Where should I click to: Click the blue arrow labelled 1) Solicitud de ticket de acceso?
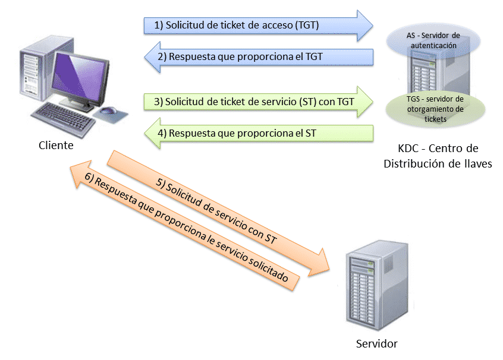(x=250, y=26)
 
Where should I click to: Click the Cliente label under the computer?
(x=56, y=146)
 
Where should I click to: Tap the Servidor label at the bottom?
(x=376, y=343)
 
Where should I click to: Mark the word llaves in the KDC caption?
(x=476, y=164)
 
